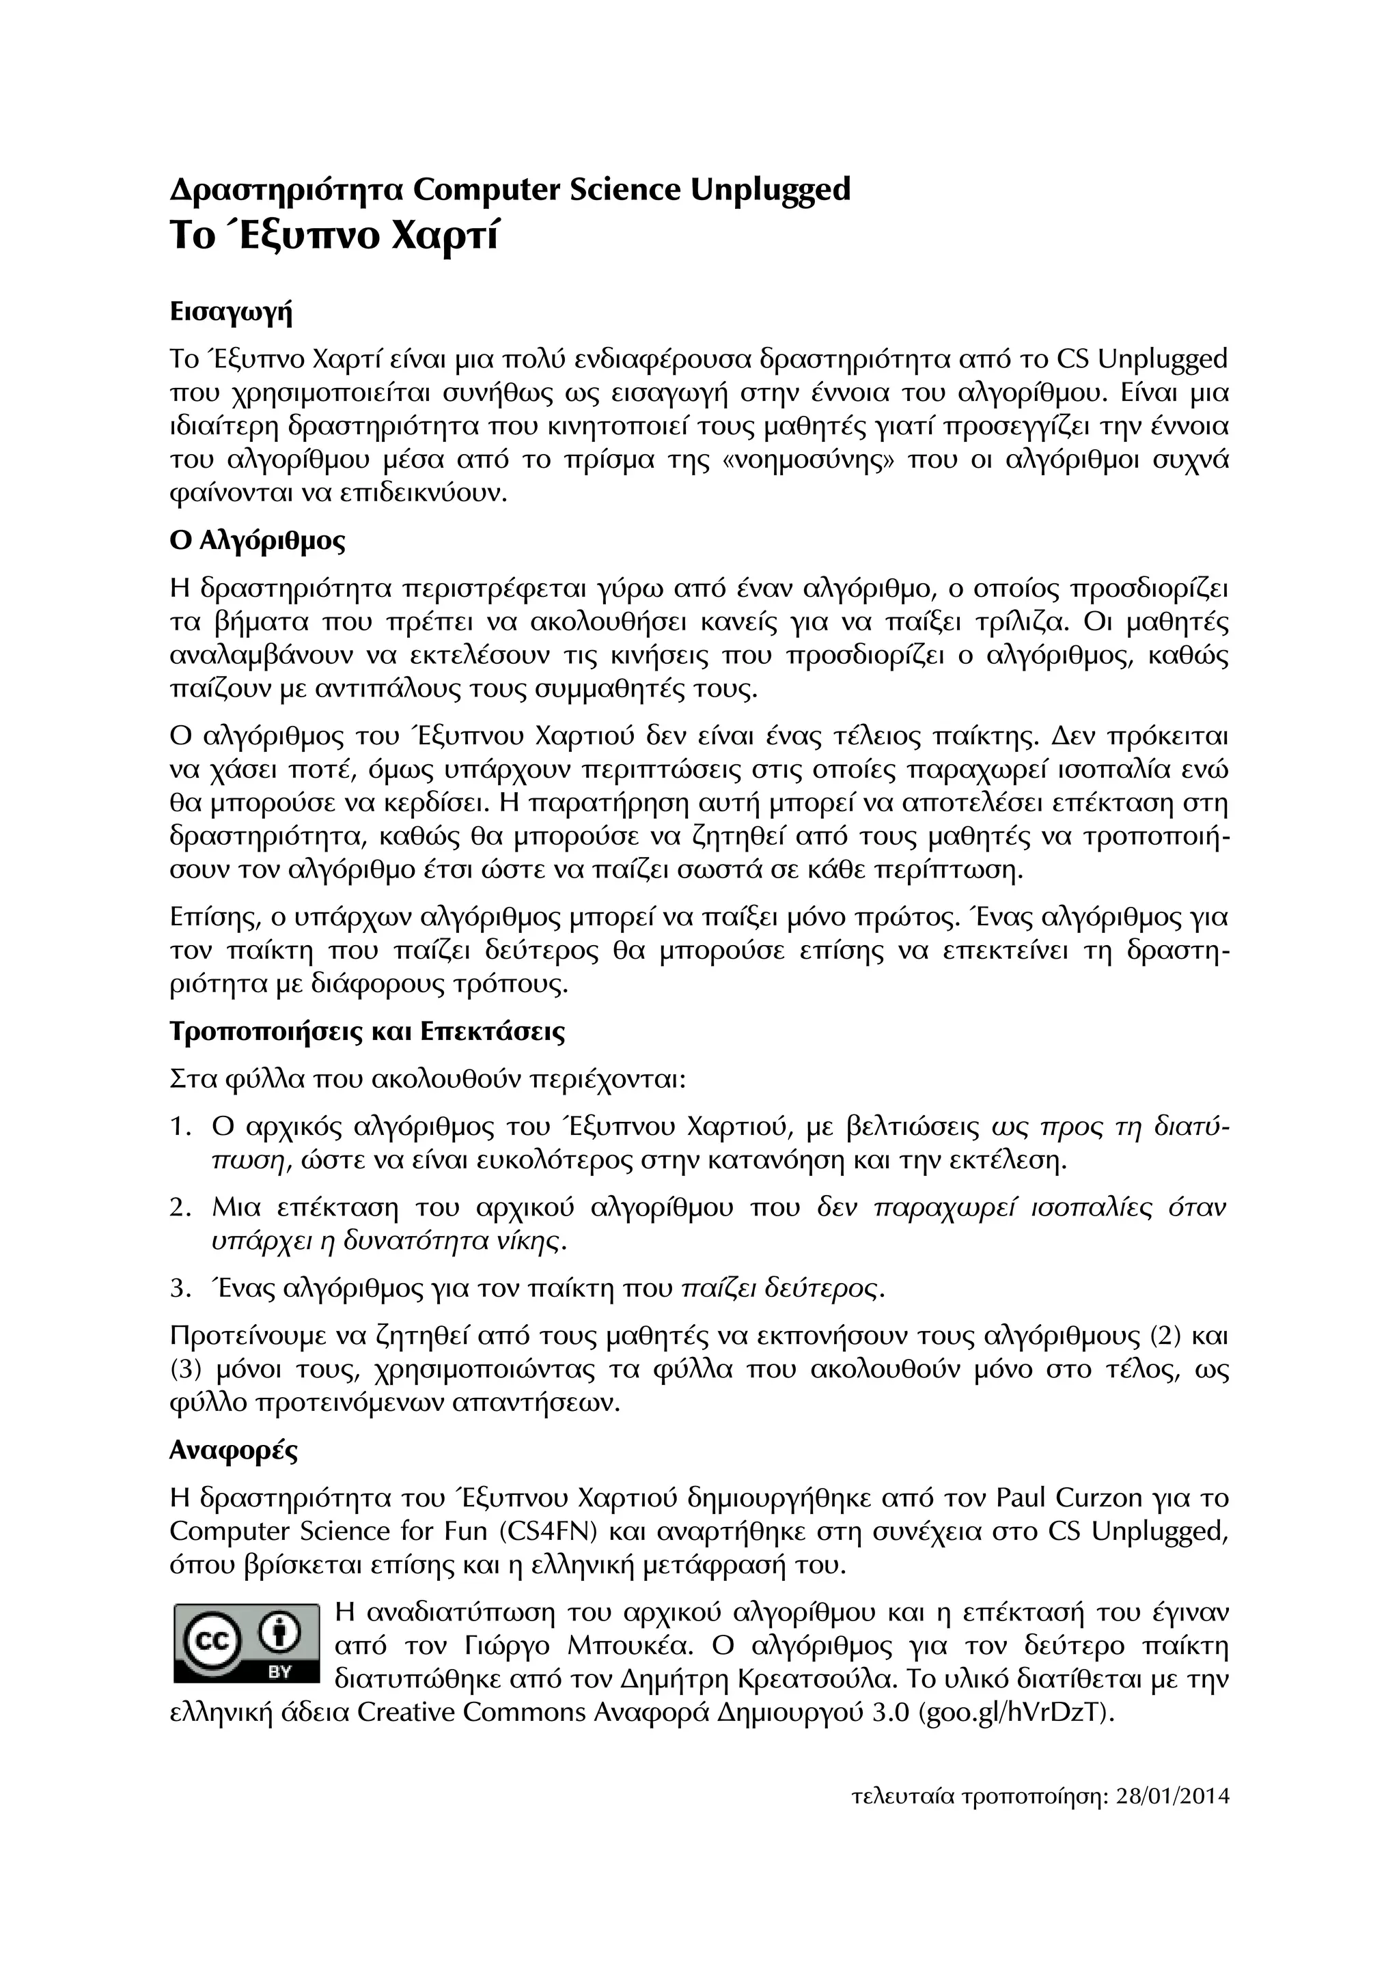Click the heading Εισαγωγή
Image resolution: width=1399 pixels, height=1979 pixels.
tap(231, 313)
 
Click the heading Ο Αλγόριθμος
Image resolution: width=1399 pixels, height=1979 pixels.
tap(258, 542)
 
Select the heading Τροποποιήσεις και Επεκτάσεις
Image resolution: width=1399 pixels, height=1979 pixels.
tap(368, 1032)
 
